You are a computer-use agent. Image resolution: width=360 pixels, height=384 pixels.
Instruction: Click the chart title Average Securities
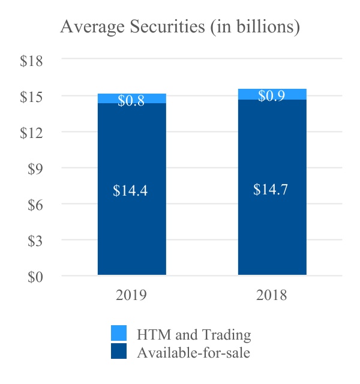pyautogui.click(x=180, y=28)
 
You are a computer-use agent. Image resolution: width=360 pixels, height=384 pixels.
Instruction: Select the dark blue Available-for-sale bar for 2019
pyautogui.click(x=131, y=228)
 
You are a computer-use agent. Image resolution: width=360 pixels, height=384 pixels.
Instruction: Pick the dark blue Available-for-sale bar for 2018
pyautogui.click(x=272, y=228)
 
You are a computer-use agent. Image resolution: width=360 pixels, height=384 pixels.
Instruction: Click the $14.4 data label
pyautogui.click(x=131, y=191)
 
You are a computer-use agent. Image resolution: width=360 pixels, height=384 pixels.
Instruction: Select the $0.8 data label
pyautogui.click(x=131, y=101)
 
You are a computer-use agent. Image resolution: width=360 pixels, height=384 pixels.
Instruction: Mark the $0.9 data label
pyautogui.click(x=272, y=96)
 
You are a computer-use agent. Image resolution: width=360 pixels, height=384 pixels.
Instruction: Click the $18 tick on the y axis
pyautogui.click(x=31, y=61)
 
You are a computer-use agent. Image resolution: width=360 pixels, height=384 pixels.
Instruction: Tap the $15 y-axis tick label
pyautogui.click(x=31, y=97)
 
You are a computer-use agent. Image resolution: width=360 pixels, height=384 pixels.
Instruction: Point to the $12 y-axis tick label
pyautogui.click(x=31, y=133)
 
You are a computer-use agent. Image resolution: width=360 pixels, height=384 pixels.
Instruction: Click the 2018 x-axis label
pyautogui.click(x=272, y=295)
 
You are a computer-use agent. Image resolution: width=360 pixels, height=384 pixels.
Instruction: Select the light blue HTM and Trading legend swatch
pyautogui.click(x=119, y=334)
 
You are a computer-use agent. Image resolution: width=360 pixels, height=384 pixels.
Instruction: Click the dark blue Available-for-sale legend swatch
pyautogui.click(x=119, y=352)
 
